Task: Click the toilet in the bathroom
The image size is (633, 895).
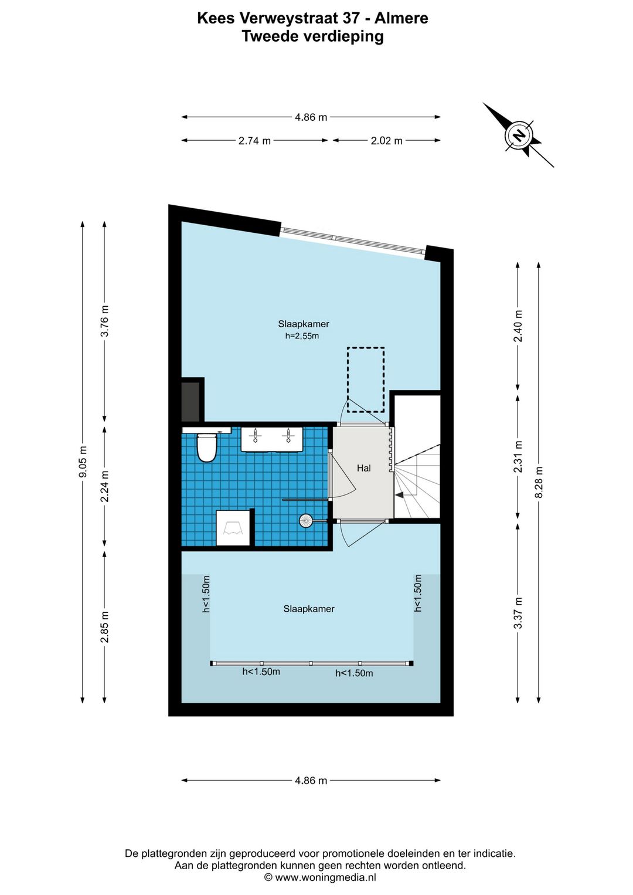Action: (x=206, y=447)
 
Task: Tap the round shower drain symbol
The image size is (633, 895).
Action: (x=306, y=521)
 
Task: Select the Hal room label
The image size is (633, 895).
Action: (x=364, y=468)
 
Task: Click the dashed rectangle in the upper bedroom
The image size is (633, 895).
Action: (x=365, y=379)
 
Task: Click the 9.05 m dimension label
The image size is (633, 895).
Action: (x=83, y=462)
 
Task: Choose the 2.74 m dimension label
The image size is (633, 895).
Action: (x=254, y=141)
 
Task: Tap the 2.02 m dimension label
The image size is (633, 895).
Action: (x=387, y=141)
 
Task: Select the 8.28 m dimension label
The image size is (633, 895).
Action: (x=539, y=482)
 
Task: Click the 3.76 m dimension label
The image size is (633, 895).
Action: (x=105, y=321)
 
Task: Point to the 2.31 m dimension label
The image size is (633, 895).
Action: (x=518, y=457)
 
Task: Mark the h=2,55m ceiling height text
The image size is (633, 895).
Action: (x=302, y=336)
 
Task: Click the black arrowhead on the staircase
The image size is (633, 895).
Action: (x=399, y=495)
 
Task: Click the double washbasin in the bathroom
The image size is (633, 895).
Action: (x=271, y=439)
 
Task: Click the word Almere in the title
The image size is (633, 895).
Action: (x=402, y=18)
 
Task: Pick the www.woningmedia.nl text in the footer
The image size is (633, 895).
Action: (x=325, y=877)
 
